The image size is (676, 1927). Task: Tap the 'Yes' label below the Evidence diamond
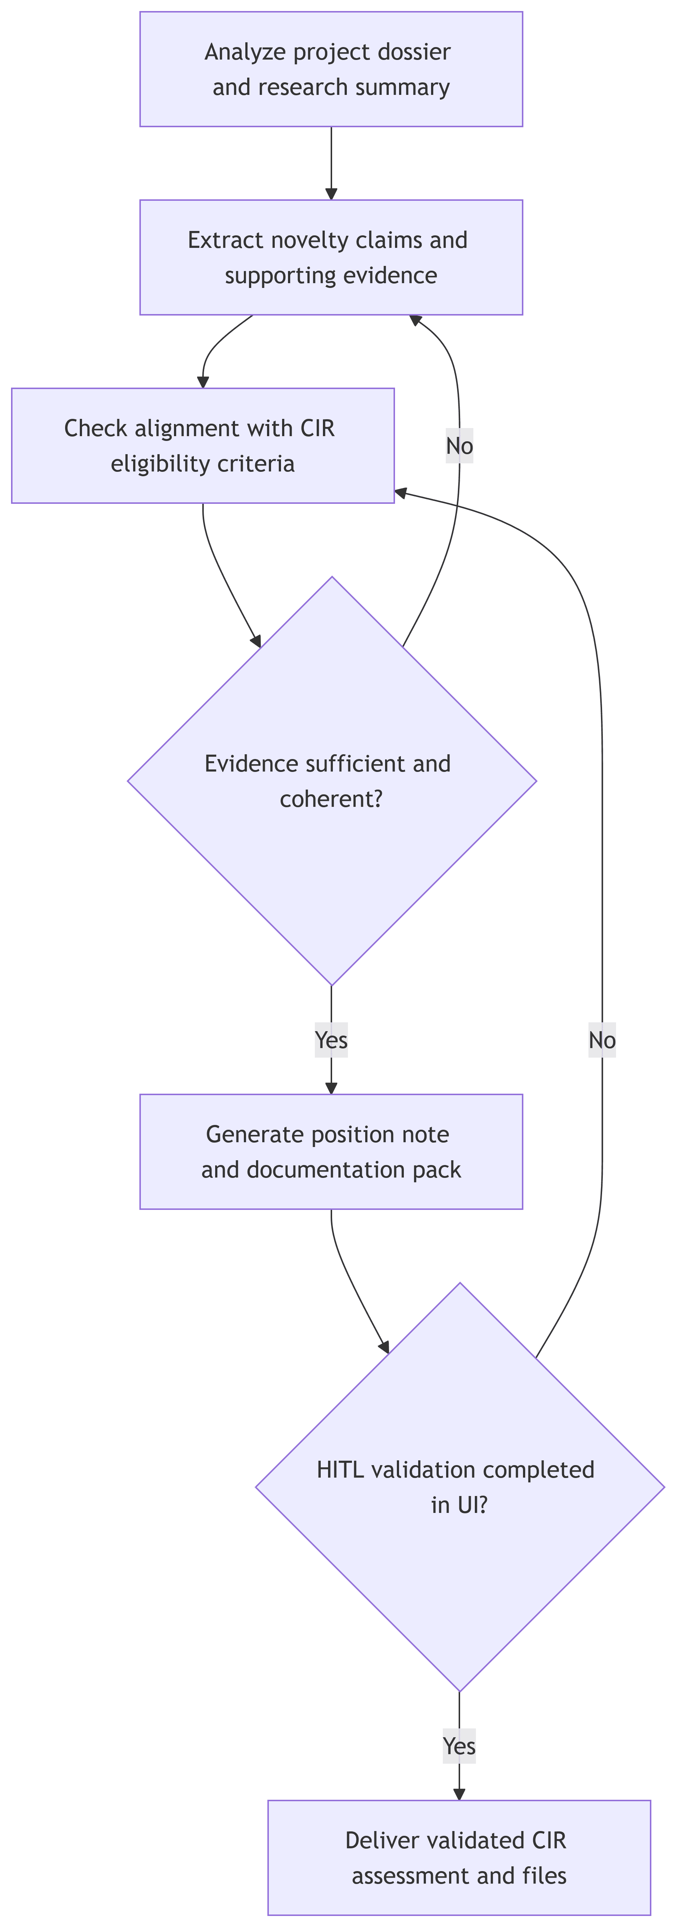pyautogui.click(x=331, y=1040)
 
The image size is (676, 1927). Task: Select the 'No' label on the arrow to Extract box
pyautogui.click(x=459, y=446)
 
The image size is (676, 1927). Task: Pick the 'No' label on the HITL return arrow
pyautogui.click(x=602, y=1040)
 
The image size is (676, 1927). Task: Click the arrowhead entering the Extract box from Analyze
pyautogui.click(x=331, y=194)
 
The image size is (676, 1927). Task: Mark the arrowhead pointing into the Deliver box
pyautogui.click(x=459, y=1794)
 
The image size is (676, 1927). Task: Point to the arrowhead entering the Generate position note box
pyautogui.click(x=331, y=1088)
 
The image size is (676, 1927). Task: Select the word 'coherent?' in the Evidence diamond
pyautogui.click(x=331, y=799)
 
